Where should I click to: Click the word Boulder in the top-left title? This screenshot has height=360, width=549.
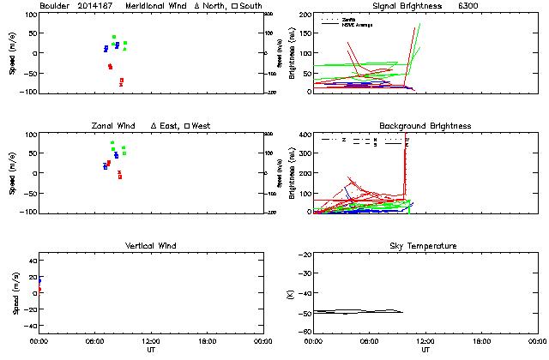tap(53, 6)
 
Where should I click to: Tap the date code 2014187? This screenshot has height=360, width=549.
tap(94, 6)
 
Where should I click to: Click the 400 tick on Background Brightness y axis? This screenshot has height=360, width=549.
tap(305, 135)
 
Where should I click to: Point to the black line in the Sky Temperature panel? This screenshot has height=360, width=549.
tap(360, 311)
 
